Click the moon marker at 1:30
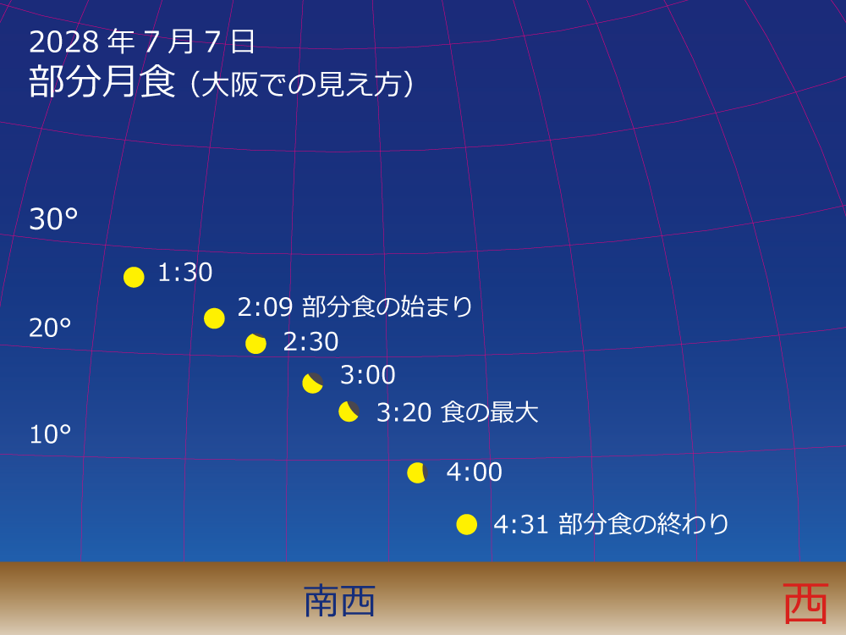pyautogui.click(x=134, y=277)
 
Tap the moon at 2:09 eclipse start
pyautogui.click(x=214, y=318)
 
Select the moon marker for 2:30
pyautogui.click(x=255, y=343)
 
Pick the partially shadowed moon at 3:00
pyautogui.click(x=313, y=383)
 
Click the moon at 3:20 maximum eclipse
pyautogui.click(x=349, y=411)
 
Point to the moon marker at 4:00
pyautogui.click(x=417, y=472)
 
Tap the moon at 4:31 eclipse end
pyautogui.click(x=466, y=524)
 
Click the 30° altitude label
pyautogui.click(x=53, y=219)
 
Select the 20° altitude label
pyautogui.click(x=50, y=328)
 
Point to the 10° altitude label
pyautogui.click(x=50, y=434)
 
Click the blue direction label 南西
pyautogui.click(x=339, y=601)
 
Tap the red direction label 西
pyautogui.click(x=805, y=603)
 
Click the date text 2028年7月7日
pyautogui.click(x=142, y=41)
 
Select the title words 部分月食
pyautogui.click(x=102, y=82)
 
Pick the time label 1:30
pyautogui.click(x=184, y=273)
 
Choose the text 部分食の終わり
pyautogui.click(x=644, y=524)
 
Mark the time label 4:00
pyautogui.click(x=474, y=472)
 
